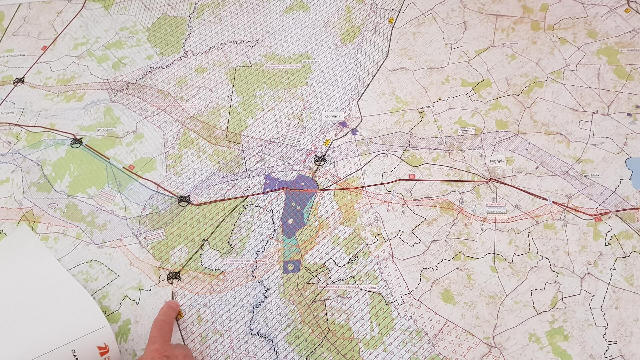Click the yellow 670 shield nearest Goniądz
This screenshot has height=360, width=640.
(327, 142)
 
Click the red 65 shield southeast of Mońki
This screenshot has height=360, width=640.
(597, 219)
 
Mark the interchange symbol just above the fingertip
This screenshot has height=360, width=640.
(173, 276)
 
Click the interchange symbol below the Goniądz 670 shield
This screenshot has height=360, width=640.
(320, 160)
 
